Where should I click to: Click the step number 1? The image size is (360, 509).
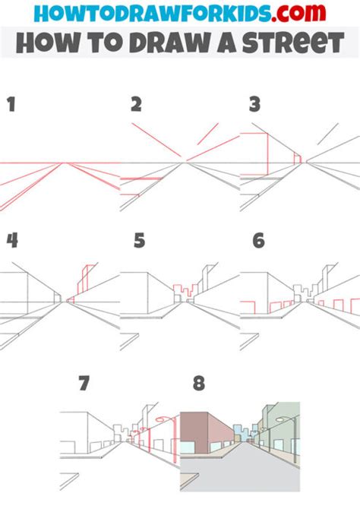11,105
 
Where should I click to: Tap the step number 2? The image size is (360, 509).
137,105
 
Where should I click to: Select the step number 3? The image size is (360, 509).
255,105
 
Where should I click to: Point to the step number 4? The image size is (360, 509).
12,241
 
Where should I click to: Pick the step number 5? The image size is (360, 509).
138,241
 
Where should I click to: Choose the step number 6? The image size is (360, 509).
258,241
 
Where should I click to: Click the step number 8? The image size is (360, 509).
199,383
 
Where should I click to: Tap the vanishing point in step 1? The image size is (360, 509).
67,163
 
